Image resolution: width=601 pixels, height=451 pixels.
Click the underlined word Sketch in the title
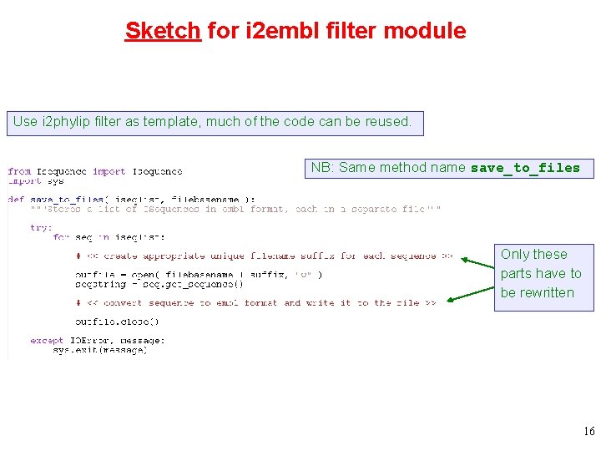163,31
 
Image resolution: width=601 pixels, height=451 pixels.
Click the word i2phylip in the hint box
65,122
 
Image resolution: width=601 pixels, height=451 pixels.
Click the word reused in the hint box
387,122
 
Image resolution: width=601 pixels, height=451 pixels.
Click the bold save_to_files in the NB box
525,168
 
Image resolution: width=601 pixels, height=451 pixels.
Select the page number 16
588,432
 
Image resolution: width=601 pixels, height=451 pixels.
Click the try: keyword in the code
40,227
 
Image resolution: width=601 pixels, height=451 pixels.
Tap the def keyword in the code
16,199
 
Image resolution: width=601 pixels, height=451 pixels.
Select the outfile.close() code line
117,322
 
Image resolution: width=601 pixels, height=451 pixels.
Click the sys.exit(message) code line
99,350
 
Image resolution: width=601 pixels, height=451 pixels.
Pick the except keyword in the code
46,341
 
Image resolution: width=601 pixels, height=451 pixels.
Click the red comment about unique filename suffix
264,256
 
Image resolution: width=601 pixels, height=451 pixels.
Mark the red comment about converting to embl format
255,302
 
